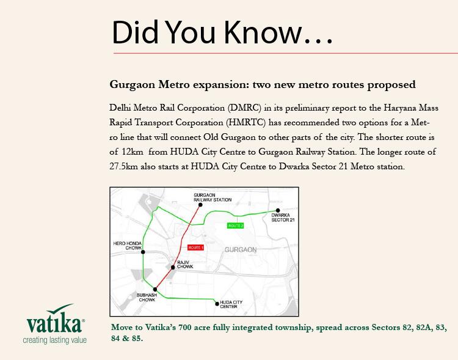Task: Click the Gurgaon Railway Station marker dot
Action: [x=200, y=205]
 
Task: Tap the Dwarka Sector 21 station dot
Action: [x=278, y=210]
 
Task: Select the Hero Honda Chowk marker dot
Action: [x=143, y=252]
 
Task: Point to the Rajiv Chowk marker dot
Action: [x=173, y=267]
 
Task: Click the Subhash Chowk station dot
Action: [x=155, y=290]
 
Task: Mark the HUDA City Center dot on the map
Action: [x=217, y=303]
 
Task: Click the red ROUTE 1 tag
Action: [x=195, y=248]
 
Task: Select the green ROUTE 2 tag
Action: [x=236, y=226]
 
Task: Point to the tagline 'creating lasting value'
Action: [x=55, y=340]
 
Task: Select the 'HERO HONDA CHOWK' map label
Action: [x=127, y=246]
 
